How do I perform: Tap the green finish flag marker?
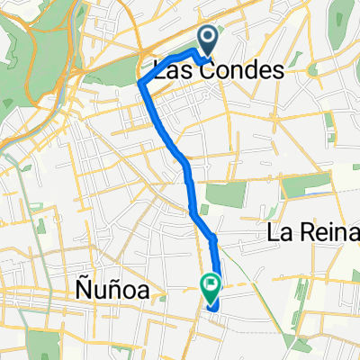coord(211,287)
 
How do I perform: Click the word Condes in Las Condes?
coord(226,70)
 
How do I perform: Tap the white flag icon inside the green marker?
coord(211,285)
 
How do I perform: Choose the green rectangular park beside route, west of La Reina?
coord(219,193)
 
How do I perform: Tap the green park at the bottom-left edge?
coord(40,342)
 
